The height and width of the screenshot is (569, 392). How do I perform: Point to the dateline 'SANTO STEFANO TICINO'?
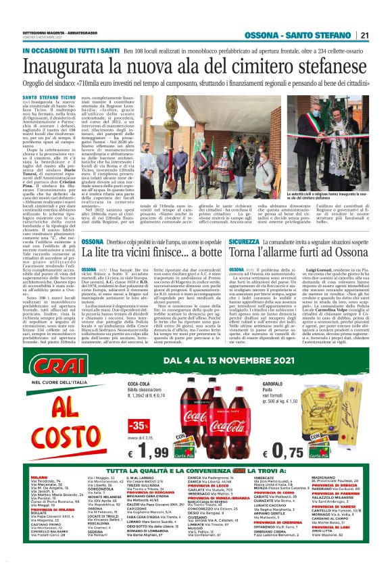point(47,97)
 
